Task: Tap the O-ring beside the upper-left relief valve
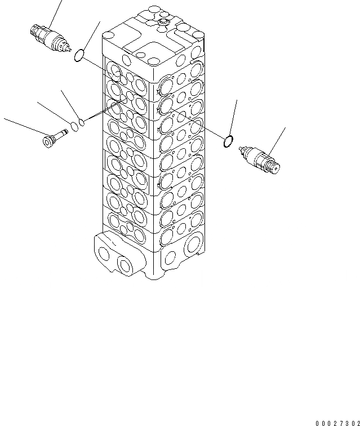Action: (80, 56)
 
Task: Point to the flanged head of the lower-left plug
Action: (47, 141)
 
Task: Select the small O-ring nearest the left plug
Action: (74, 125)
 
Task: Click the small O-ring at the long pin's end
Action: (82, 121)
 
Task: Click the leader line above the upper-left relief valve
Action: (55, 11)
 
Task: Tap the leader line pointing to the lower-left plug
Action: (23, 126)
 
